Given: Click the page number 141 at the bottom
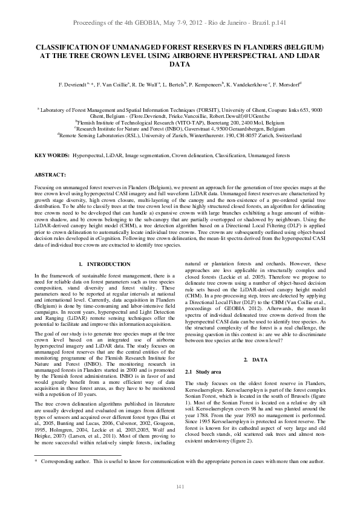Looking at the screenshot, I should [180, 487].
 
